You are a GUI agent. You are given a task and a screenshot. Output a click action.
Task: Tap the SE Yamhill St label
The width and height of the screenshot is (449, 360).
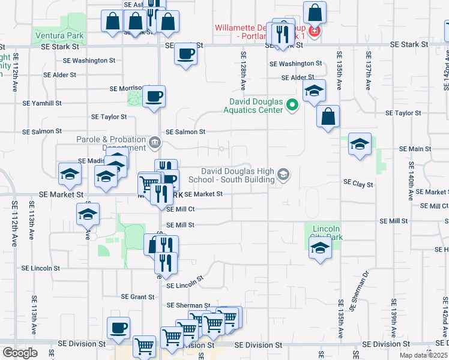(x=42, y=103)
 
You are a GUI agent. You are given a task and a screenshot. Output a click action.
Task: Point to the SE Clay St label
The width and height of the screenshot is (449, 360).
(x=358, y=182)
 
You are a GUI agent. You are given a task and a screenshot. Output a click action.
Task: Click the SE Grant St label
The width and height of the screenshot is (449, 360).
(x=138, y=296)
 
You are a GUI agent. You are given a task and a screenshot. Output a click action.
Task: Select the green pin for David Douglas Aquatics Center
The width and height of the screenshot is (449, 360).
(x=292, y=106)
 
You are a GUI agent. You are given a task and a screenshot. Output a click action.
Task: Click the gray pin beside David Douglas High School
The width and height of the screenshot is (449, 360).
(x=283, y=175)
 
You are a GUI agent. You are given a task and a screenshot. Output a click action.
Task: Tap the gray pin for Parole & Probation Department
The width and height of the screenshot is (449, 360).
(x=155, y=142)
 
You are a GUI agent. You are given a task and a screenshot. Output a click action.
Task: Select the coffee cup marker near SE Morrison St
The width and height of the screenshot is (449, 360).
(x=154, y=95)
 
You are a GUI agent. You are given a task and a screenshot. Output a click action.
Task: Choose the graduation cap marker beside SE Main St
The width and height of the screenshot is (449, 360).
(x=360, y=144)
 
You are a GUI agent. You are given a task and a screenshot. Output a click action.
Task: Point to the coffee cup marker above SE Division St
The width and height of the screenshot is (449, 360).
(x=119, y=328)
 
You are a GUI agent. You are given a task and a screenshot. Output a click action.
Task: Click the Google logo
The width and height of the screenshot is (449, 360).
(x=20, y=353)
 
